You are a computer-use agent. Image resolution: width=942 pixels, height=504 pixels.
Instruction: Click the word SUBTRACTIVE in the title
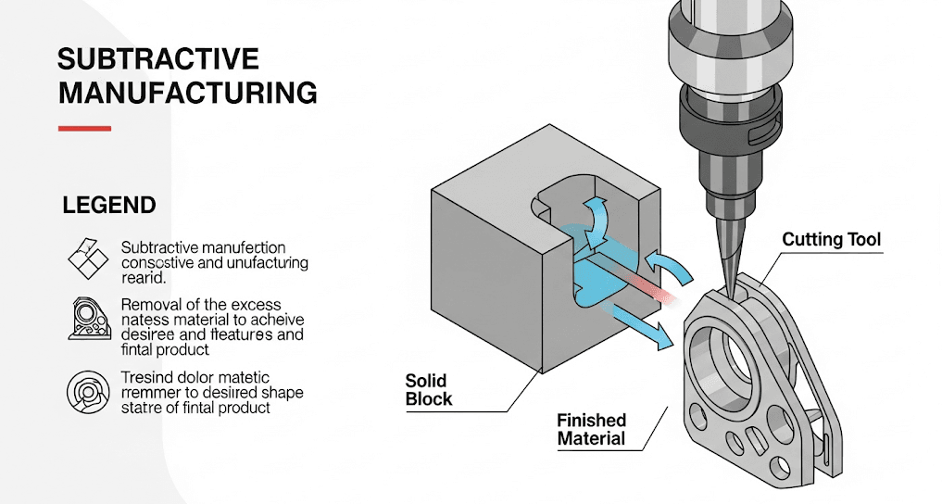[157, 59]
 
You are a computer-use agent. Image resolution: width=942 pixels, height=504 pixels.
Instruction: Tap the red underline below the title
[84, 128]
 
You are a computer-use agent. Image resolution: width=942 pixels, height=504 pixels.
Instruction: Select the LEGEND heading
[108, 205]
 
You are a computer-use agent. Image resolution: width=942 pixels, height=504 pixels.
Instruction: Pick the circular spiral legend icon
[89, 392]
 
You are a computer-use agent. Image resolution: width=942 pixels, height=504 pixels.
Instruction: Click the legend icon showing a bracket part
[89, 321]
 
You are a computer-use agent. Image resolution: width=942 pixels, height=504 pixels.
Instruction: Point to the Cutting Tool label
[832, 240]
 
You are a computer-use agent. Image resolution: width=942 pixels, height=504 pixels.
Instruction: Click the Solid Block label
[429, 389]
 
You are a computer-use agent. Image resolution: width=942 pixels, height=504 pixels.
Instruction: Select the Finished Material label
[591, 430]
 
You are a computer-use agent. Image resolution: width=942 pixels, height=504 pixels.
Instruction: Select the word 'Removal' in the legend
[148, 304]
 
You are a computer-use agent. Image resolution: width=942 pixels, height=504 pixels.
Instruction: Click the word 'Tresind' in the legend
[148, 377]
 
